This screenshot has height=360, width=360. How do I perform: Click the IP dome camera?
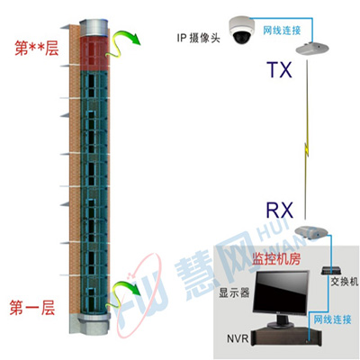[240, 30]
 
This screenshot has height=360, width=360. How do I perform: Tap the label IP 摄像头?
[199, 38]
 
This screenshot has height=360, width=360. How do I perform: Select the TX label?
[280, 70]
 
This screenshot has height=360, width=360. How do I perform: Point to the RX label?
[279, 211]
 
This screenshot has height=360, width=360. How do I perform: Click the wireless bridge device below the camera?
[312, 49]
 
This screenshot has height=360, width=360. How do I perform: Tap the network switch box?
[329, 271]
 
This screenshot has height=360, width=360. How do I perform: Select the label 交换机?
[344, 282]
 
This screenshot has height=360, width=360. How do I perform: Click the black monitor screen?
[281, 292]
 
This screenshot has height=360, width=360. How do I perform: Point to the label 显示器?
[234, 292]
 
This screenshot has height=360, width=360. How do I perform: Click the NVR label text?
[238, 338]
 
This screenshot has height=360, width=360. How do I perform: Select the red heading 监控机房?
[276, 259]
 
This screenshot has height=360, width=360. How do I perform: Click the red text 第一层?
[32, 308]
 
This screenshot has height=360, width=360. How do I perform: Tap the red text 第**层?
[36, 49]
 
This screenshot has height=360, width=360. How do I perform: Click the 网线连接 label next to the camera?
[282, 31]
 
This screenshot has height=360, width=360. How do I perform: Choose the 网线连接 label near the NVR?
[332, 319]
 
